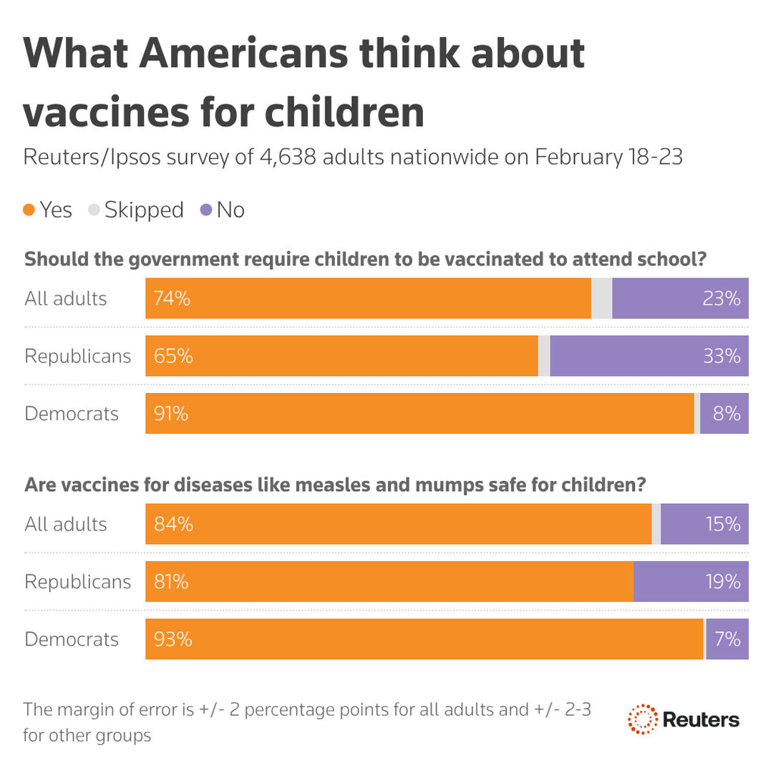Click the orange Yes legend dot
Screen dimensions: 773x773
(29, 210)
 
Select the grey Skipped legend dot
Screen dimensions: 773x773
(93, 210)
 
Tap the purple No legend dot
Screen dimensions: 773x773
(206, 210)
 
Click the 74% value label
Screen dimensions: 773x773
(172, 298)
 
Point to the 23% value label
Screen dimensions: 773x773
(721, 298)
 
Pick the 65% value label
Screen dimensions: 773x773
(172, 356)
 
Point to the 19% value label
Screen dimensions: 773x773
(721, 581)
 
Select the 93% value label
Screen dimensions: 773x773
(172, 638)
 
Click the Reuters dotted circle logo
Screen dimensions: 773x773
(642, 719)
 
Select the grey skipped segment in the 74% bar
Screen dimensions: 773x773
(602, 298)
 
